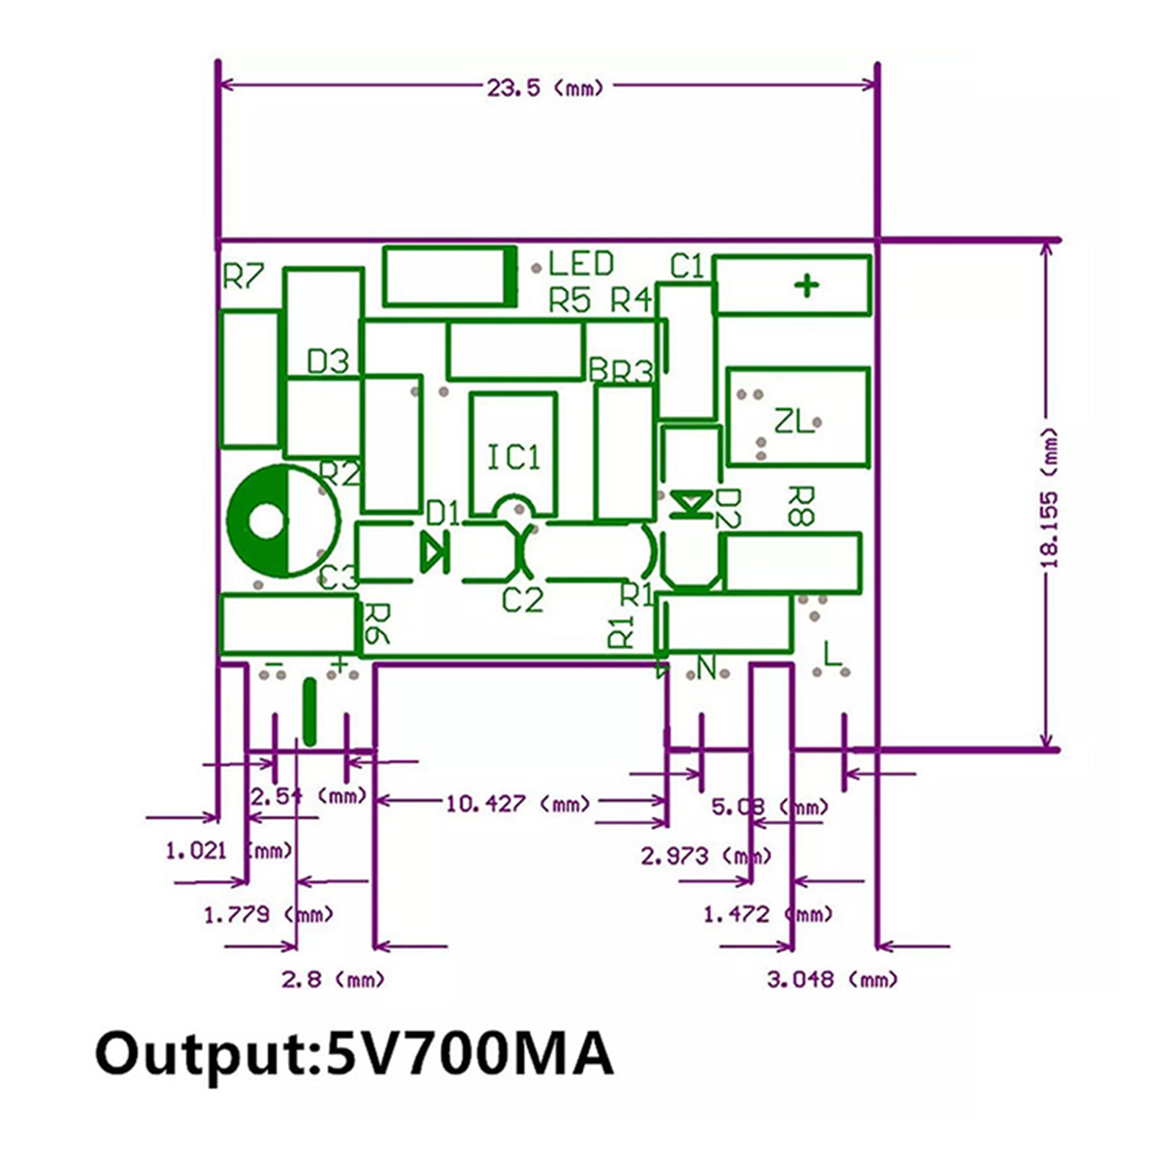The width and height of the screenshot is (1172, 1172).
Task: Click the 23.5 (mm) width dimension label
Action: click(x=545, y=88)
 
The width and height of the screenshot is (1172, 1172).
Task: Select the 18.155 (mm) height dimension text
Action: click(x=1050, y=498)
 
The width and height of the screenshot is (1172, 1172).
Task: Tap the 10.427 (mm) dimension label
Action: click(x=517, y=804)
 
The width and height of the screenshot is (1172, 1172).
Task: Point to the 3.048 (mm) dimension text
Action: click(x=831, y=979)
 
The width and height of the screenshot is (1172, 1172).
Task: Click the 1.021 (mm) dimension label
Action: click(x=228, y=851)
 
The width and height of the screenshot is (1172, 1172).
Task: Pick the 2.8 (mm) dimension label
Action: click(x=333, y=979)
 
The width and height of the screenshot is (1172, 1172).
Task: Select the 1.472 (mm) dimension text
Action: click(x=767, y=914)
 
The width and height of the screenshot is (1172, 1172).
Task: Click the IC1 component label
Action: click(x=513, y=458)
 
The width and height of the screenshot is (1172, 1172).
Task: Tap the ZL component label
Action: click(x=793, y=421)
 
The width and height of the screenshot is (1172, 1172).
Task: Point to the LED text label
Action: click(x=581, y=264)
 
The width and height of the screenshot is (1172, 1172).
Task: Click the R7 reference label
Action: click(x=242, y=277)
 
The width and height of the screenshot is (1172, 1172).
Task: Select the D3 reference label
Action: click(x=327, y=362)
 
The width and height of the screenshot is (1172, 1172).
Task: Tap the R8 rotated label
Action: click(x=800, y=505)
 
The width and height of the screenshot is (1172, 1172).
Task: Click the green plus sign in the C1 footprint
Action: click(x=807, y=285)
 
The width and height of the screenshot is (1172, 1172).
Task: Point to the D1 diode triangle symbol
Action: click(x=434, y=552)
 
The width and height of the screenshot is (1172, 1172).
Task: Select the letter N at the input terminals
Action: click(x=706, y=668)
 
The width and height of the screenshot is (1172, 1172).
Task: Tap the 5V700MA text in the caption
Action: click(x=469, y=1055)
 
